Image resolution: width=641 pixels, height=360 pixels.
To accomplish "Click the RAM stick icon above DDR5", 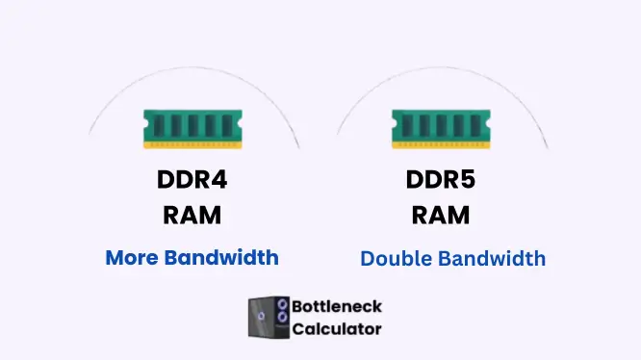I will (x=439, y=128).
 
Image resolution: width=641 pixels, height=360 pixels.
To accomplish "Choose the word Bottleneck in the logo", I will (x=338, y=307).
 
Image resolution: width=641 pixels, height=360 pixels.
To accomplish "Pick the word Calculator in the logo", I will (x=338, y=329).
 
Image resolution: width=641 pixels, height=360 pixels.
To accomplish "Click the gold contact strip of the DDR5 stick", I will (x=439, y=144).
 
